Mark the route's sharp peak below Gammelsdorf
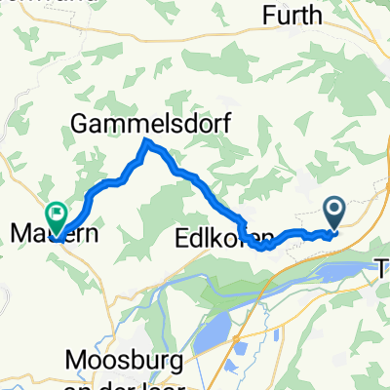click(146, 144)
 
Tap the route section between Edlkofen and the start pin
click(292, 234)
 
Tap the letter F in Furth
click(270, 16)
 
